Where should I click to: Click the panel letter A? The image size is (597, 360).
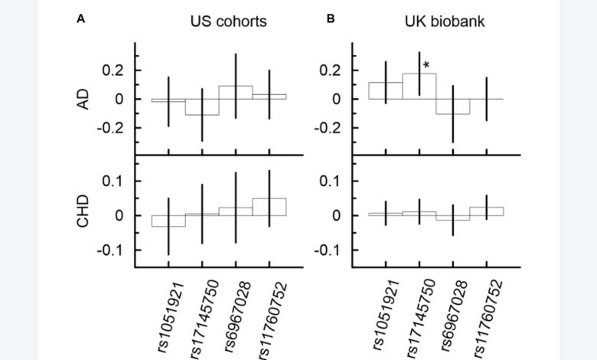click(x=80, y=18)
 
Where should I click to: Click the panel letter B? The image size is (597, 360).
click(x=331, y=18)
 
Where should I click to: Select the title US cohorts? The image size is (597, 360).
click(x=228, y=21)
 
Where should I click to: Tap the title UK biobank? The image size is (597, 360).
click(x=444, y=21)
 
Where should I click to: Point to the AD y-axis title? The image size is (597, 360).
click(x=85, y=99)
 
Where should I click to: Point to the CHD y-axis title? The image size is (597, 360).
click(x=85, y=214)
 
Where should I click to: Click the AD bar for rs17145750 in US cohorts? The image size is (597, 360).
click(x=202, y=106)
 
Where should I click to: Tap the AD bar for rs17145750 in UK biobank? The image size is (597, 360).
click(x=419, y=87)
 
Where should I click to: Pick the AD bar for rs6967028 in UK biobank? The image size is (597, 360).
click(x=452, y=106)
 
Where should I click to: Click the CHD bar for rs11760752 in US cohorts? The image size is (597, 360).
click(x=269, y=207)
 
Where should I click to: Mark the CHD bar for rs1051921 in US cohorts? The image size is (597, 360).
click(x=168, y=221)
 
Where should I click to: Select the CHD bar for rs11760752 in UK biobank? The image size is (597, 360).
click(x=486, y=211)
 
